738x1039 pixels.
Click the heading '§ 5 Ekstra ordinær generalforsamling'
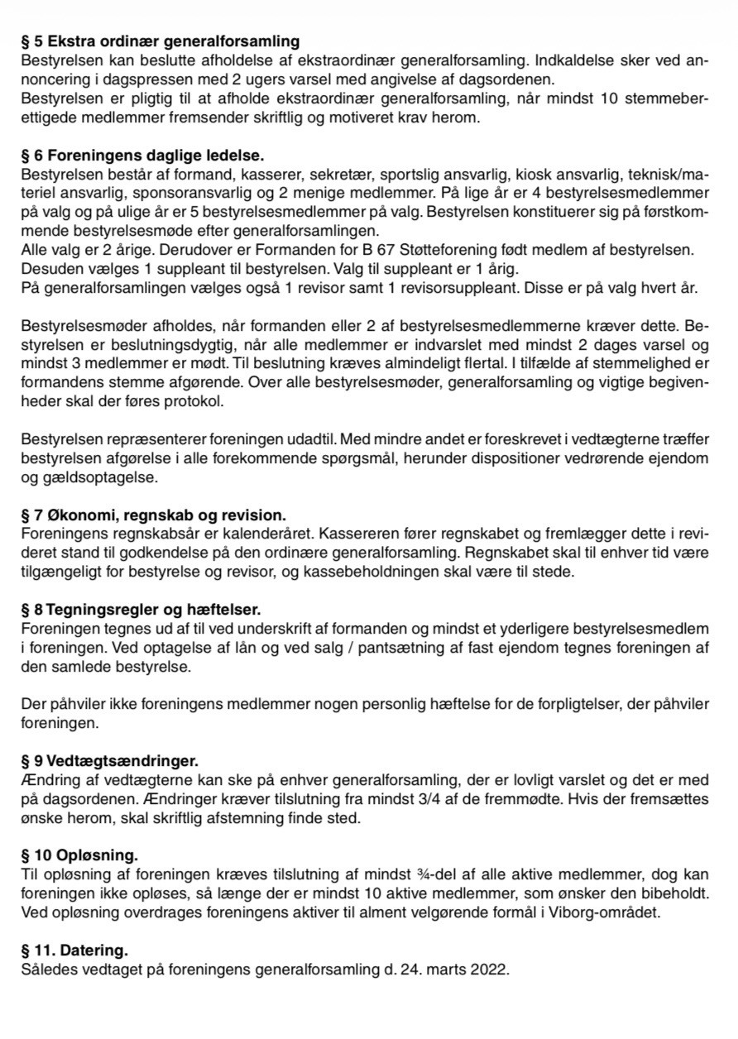coord(161,41)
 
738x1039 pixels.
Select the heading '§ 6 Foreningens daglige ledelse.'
coord(143,155)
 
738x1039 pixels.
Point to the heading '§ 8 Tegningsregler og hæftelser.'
coord(141,610)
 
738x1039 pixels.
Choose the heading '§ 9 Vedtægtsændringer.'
coord(110,760)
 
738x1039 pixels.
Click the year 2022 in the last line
coord(489,969)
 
